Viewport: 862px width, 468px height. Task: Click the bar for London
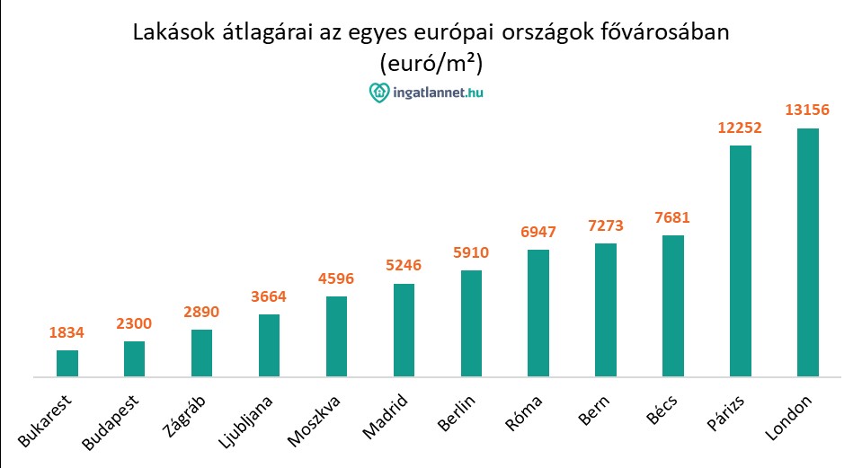pyautogui.click(x=808, y=252)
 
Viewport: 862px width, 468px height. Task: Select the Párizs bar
pyautogui.click(x=741, y=260)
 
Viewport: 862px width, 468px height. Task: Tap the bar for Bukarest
pyautogui.click(x=67, y=363)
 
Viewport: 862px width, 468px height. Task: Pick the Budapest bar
pyautogui.click(x=135, y=358)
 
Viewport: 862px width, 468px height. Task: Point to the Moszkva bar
pyautogui.click(x=336, y=336)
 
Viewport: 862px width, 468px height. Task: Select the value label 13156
pyautogui.click(x=807, y=110)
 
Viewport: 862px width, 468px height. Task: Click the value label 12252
pyautogui.click(x=740, y=128)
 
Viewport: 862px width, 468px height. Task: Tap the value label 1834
pyautogui.click(x=67, y=333)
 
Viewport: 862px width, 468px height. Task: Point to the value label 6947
pyautogui.click(x=538, y=232)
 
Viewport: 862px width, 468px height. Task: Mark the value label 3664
pyautogui.click(x=269, y=296)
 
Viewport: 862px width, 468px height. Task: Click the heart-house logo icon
pyautogui.click(x=379, y=92)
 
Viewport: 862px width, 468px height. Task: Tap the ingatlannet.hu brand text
pyautogui.click(x=440, y=92)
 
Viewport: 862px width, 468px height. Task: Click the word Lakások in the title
pyautogui.click(x=173, y=32)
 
